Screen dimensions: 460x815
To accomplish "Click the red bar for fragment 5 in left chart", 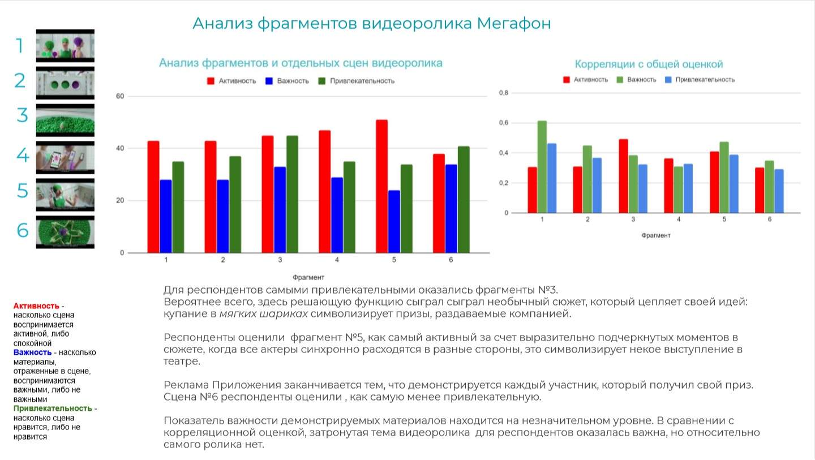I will click(381, 186).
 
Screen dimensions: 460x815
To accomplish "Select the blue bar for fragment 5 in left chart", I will click(394, 221).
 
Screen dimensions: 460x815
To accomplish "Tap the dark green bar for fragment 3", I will click(293, 194).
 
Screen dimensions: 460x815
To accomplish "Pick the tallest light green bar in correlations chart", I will click(542, 167).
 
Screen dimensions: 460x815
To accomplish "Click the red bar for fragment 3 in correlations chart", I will click(623, 176).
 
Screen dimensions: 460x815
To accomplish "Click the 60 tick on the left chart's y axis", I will click(119, 96).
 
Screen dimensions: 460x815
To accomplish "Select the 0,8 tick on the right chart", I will click(503, 93).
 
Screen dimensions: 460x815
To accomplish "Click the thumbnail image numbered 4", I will click(65, 157).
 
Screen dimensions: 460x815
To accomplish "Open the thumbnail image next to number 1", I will click(65, 45).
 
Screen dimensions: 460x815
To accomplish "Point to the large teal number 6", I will click(22, 231).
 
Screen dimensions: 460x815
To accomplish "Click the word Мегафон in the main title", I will click(514, 24).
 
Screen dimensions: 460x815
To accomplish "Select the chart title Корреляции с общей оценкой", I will click(649, 65).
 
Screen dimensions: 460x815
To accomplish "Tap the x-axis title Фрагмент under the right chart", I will click(655, 235).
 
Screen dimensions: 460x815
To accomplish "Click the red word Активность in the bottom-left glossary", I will click(36, 306).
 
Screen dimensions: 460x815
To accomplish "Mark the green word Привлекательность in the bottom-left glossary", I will click(53, 409).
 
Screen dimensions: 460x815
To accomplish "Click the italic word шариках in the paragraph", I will click(285, 314).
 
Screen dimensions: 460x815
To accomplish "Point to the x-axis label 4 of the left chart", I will click(337, 260).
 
